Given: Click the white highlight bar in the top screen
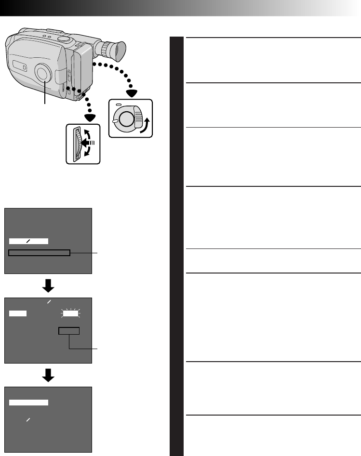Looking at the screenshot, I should (x=28, y=241).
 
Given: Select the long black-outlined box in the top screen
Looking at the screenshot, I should (x=40, y=253).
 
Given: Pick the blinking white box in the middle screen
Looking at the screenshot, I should (x=70, y=313).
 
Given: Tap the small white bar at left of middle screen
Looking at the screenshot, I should (x=17, y=313).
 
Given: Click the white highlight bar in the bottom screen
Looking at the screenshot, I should (x=28, y=402).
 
